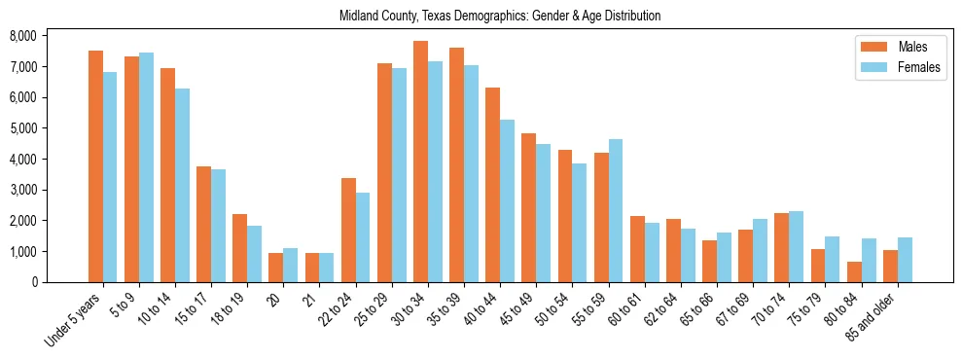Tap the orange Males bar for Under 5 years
tap(95, 166)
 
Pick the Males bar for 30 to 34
tap(420, 162)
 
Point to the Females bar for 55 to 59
tap(616, 210)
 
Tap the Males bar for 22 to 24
tap(348, 230)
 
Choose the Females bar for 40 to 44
tap(507, 200)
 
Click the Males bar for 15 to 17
tap(203, 224)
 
